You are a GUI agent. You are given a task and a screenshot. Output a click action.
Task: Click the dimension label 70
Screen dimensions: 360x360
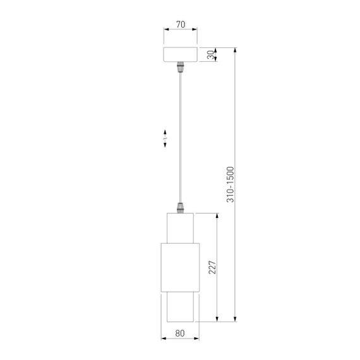pos(181,25)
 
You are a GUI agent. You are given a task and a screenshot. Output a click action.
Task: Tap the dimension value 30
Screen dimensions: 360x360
pos(210,55)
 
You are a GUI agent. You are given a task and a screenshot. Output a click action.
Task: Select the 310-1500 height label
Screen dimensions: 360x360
pos(231,184)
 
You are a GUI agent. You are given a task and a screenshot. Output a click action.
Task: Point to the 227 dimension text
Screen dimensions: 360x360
pos(212,267)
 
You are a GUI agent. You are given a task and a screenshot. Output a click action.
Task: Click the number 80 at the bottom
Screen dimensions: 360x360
pos(180,333)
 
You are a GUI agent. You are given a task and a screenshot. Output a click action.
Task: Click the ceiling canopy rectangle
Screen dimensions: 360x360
pos(180,54)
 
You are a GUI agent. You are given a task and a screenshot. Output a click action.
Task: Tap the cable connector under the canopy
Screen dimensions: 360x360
pos(180,67)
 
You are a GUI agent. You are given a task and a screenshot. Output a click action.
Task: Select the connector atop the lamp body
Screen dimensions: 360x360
pos(180,208)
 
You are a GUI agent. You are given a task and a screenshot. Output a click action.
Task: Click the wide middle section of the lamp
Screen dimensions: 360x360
pos(180,268)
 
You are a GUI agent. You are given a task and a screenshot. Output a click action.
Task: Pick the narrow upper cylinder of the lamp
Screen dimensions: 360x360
pos(180,228)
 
